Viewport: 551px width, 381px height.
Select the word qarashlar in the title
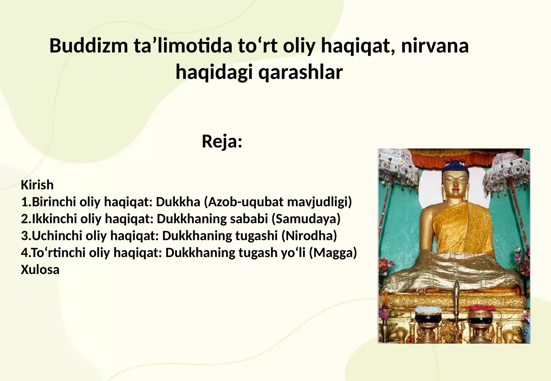click(x=300, y=72)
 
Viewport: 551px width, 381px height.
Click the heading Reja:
click(x=222, y=141)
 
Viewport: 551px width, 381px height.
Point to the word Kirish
click(x=37, y=185)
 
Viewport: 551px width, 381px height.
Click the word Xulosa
click(x=40, y=269)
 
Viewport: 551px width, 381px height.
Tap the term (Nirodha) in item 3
click(x=309, y=236)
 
